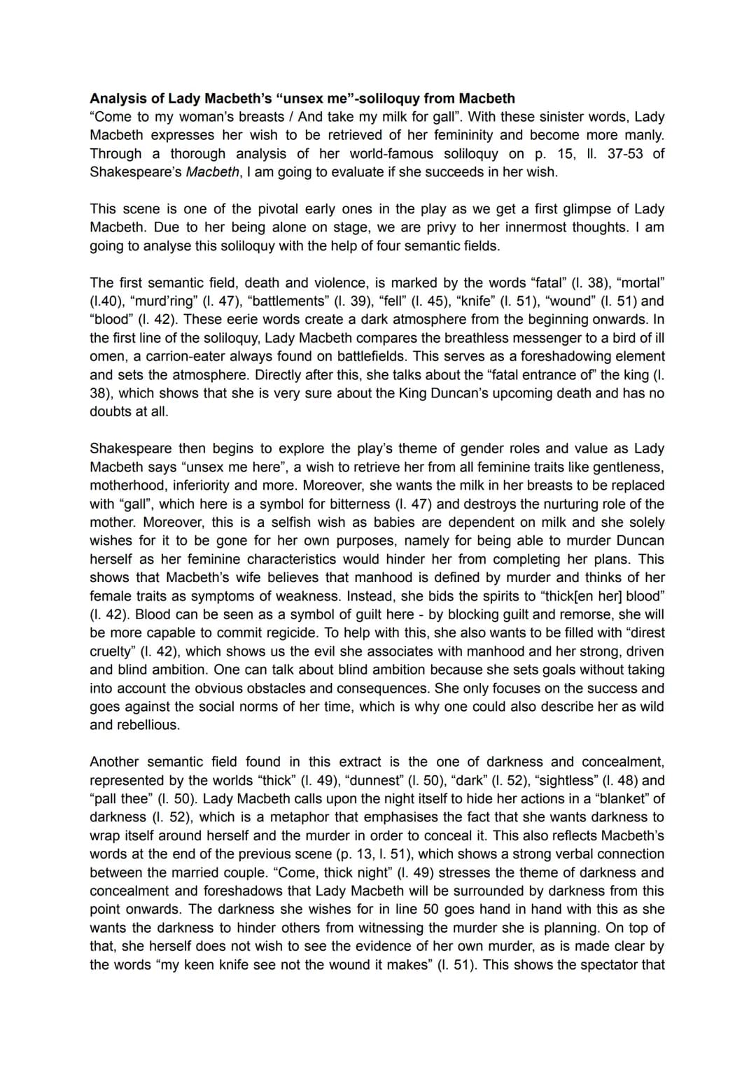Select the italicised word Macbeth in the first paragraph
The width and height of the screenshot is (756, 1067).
[x=213, y=172]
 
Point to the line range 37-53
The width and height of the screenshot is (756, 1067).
[x=626, y=154]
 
